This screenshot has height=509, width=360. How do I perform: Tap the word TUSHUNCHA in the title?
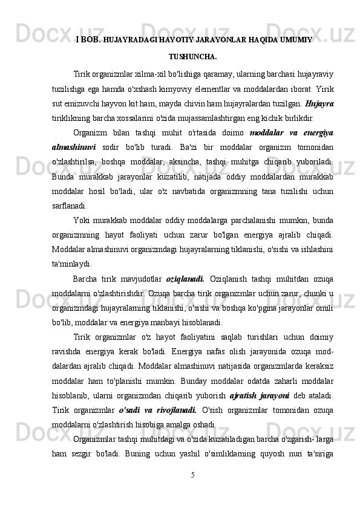(x=192, y=57)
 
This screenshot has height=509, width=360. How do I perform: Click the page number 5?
(x=192, y=475)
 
